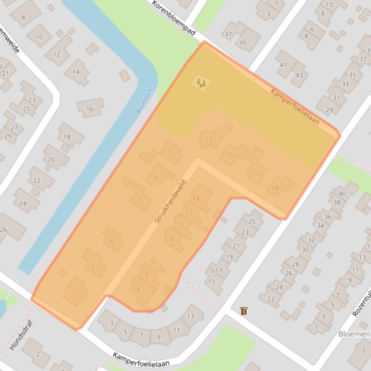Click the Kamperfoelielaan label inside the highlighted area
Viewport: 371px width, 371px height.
pos(295,107)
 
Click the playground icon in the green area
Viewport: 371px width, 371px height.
pos(201,83)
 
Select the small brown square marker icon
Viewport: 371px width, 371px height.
pos(244,311)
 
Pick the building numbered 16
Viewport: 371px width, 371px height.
pos(90,109)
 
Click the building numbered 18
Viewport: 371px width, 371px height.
pos(67,137)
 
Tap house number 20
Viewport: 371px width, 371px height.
pos(51,159)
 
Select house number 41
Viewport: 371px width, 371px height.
pos(283,65)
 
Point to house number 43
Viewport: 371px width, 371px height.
pos(299,75)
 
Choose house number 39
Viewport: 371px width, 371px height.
pos(242,43)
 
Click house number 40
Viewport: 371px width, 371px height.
pos(342,194)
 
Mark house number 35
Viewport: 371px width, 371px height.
pos(352,75)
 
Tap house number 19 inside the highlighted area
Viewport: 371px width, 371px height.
pos(275,188)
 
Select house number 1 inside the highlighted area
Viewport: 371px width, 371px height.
pos(75,294)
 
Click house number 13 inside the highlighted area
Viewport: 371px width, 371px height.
pos(209,139)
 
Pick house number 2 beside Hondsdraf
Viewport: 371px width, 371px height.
pos(38,354)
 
